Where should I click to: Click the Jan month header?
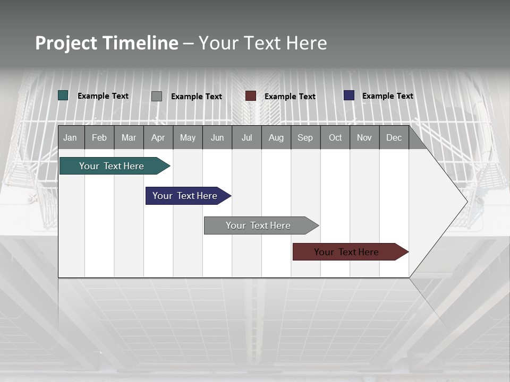click(x=71, y=137)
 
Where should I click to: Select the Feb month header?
click(x=99, y=137)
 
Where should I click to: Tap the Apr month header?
click(x=158, y=137)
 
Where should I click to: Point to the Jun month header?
click(x=217, y=137)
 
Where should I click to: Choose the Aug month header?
click(x=276, y=137)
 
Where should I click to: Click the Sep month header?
click(x=305, y=137)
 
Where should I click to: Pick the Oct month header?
click(x=335, y=137)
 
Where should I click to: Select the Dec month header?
click(x=394, y=137)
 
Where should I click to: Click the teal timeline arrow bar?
click(x=112, y=166)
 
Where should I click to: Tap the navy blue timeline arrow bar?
click(x=185, y=196)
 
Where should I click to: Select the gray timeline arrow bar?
click(x=259, y=225)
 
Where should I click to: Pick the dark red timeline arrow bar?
click(x=347, y=252)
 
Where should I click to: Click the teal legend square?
click(x=63, y=95)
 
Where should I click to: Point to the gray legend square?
click(x=157, y=96)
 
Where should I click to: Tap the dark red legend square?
click(x=251, y=96)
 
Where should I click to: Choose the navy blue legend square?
click(x=349, y=95)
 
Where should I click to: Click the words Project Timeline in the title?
click(x=107, y=43)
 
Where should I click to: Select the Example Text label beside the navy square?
click(x=387, y=96)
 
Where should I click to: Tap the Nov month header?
click(x=364, y=137)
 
